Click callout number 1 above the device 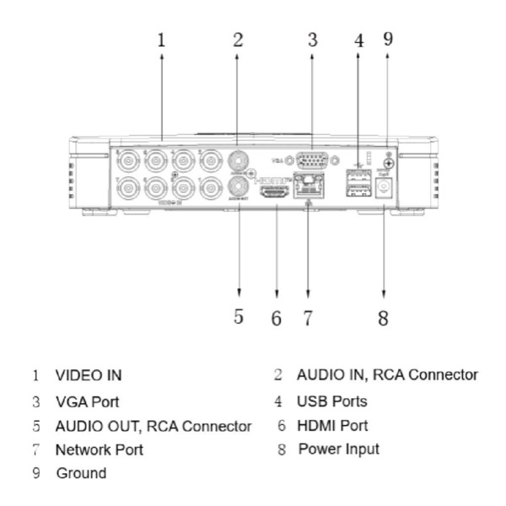click(x=162, y=39)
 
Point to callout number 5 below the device click(x=239, y=317)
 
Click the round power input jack click(x=386, y=191)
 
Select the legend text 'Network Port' click(x=100, y=449)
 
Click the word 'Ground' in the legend click(x=81, y=474)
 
